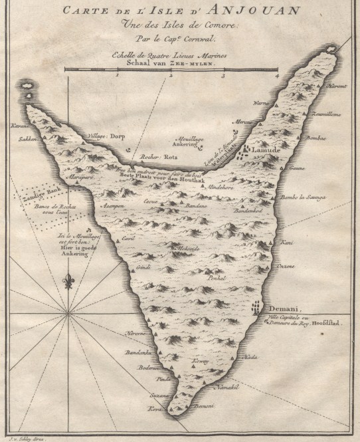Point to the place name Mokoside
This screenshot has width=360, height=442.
coord(189,247)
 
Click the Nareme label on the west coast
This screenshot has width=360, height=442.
coord(135,333)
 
